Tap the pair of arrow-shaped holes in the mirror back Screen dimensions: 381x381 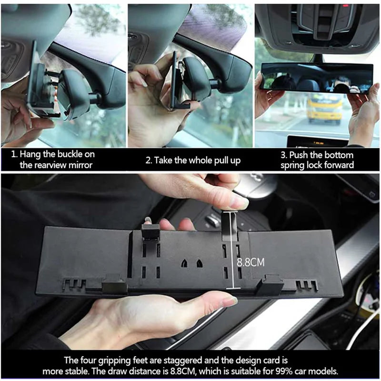pos(190,262)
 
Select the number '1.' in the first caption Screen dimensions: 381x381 pos(14,154)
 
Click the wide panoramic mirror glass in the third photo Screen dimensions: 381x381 pos(317,78)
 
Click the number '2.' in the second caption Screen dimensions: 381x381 pos(149,160)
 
